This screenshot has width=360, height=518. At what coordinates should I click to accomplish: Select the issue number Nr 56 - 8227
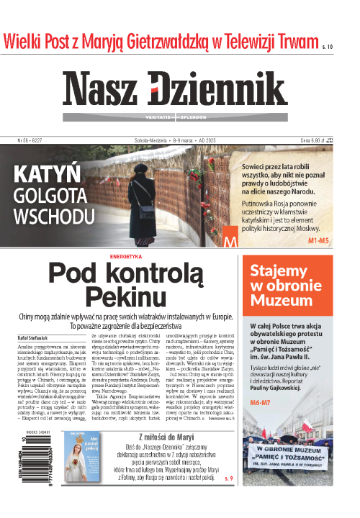tap(30, 141)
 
